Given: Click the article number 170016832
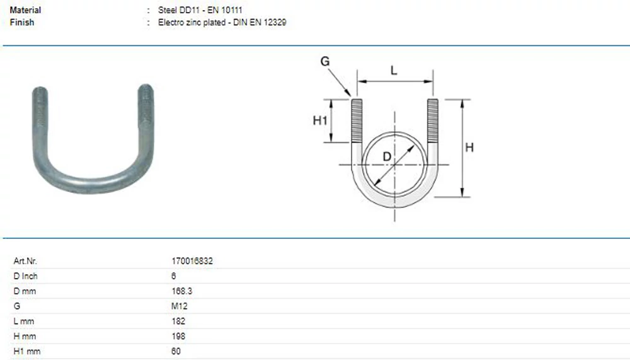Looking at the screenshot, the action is click(192, 261).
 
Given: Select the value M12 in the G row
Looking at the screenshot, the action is click(179, 306).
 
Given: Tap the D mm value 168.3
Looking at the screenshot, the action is click(181, 291).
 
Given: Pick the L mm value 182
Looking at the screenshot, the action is click(178, 321).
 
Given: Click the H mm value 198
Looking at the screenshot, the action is click(178, 336).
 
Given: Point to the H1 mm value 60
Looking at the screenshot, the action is click(176, 351).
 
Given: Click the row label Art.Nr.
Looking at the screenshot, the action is click(25, 261).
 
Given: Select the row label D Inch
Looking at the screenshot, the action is click(25, 276).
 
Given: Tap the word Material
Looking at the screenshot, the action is click(25, 10).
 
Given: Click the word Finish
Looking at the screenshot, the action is click(22, 23).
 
